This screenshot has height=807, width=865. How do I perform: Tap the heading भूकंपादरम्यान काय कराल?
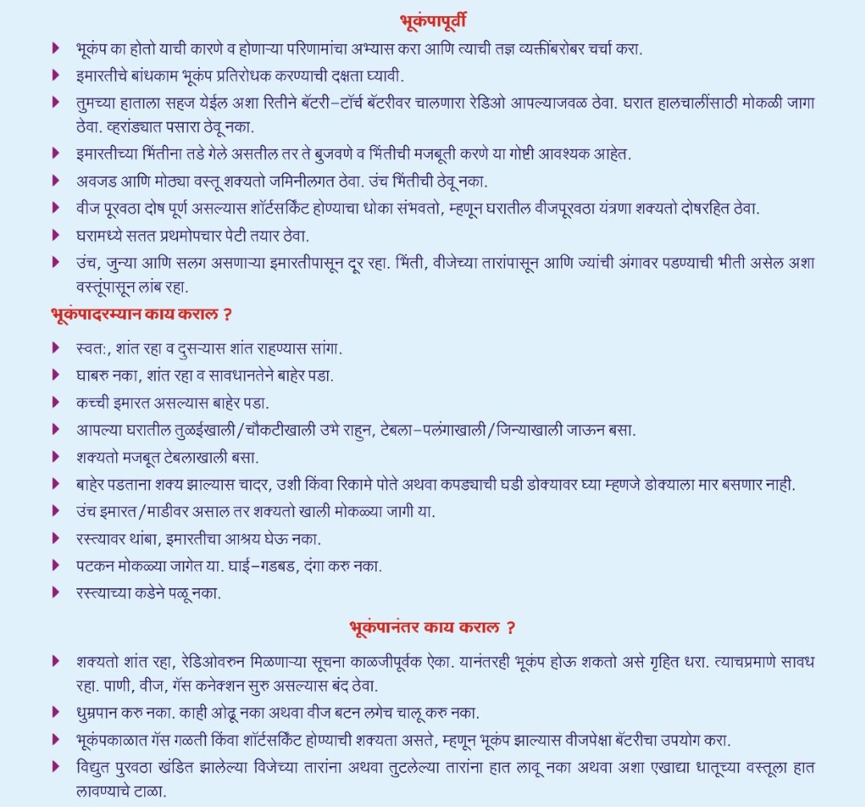tap(141, 314)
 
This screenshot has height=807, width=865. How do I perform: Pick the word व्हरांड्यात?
tap(111, 126)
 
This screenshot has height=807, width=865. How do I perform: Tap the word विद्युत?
tap(96, 766)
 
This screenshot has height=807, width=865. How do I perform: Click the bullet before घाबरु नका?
tap(56, 375)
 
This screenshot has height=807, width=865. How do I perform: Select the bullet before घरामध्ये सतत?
tap(56, 235)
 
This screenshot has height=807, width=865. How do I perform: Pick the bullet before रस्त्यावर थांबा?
tap(56, 539)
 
